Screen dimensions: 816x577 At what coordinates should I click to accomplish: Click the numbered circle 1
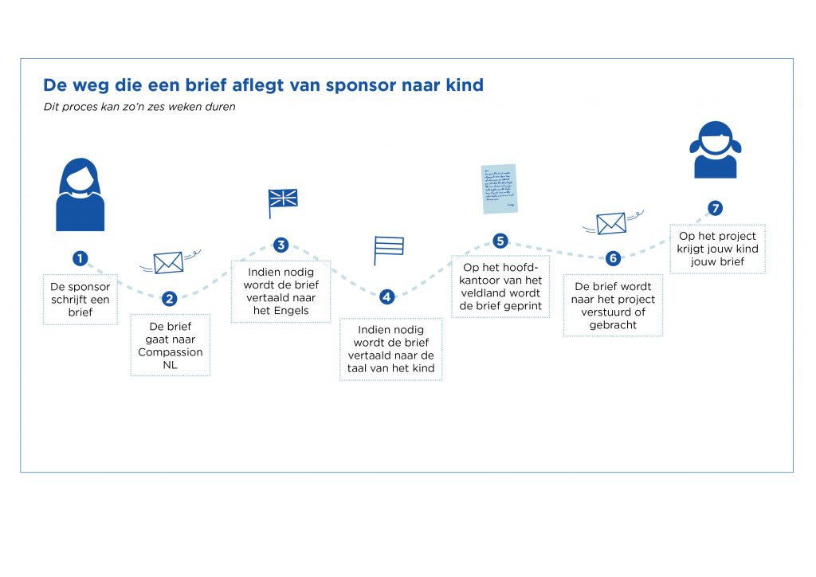tap(80, 258)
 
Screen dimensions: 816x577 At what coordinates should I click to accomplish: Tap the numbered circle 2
tap(169, 299)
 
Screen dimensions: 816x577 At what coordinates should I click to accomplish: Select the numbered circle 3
tap(281, 245)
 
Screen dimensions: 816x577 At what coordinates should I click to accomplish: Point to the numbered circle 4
tap(386, 297)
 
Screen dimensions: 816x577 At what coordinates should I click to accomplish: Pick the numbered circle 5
tap(500, 241)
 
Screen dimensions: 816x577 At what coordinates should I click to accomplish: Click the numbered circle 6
tap(613, 258)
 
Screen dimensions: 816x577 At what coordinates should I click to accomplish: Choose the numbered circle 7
tap(716, 208)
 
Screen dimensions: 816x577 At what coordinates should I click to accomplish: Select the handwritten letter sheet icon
tap(500, 189)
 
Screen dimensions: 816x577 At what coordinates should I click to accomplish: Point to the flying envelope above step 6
tap(613, 222)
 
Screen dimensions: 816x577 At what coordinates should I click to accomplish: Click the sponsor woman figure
tap(80, 194)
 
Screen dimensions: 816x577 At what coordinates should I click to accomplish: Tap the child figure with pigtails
tap(716, 150)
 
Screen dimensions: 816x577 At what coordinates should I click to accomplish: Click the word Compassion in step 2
tap(171, 353)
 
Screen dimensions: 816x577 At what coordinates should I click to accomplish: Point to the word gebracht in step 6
tap(613, 325)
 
